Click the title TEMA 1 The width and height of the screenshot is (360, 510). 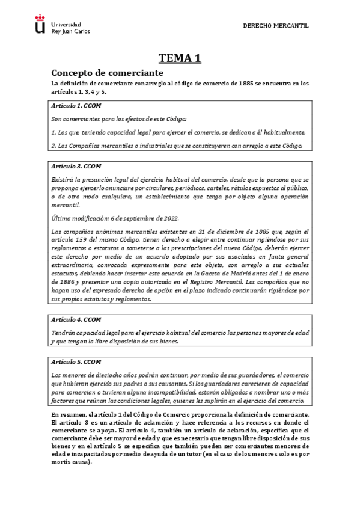(x=180, y=58)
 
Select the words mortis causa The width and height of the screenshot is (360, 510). (x=70, y=464)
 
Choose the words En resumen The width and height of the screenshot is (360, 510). (x=69, y=415)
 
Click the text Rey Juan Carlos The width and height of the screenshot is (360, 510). (x=72, y=31)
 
